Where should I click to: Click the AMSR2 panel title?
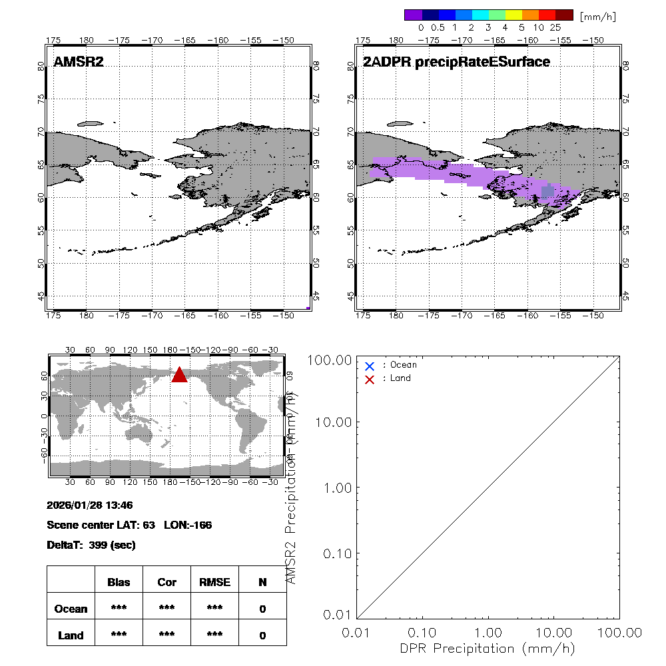pos(79,62)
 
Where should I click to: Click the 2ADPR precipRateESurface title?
pos(456,62)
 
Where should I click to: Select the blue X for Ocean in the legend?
pos(370,366)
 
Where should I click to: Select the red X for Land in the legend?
pos(370,379)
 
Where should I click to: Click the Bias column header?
pos(119,582)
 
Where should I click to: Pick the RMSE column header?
pos(214,582)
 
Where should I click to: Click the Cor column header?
pos(166,582)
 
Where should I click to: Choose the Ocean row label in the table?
pos(71,609)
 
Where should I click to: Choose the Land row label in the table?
pos(71,635)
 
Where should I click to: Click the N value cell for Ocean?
pos(262,609)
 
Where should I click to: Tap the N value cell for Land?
pos(262,635)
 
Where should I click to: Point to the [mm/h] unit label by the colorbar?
pos(597,16)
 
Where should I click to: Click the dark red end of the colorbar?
pos(564,15)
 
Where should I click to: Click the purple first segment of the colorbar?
pos(413,15)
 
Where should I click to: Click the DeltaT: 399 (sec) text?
pos(91,545)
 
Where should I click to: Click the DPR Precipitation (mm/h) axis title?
pos(488,648)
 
